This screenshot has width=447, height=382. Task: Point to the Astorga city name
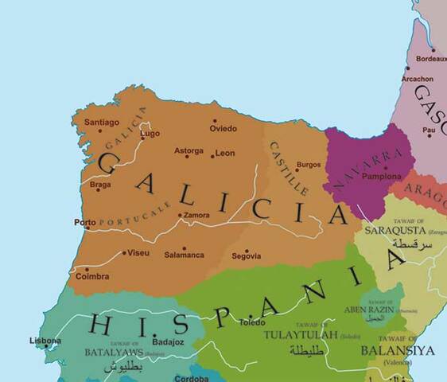point(189,150)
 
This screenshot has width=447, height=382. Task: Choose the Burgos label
point(308,165)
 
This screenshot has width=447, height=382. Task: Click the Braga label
point(100,185)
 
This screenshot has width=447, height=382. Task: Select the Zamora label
point(196,215)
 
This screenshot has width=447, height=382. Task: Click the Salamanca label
point(185,256)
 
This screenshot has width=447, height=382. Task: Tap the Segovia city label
point(247,255)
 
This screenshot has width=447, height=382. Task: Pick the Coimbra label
point(92,278)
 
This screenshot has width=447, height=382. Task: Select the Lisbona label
point(45,341)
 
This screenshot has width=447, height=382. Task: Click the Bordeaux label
point(431,59)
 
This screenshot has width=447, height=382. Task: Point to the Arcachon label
point(418,79)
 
